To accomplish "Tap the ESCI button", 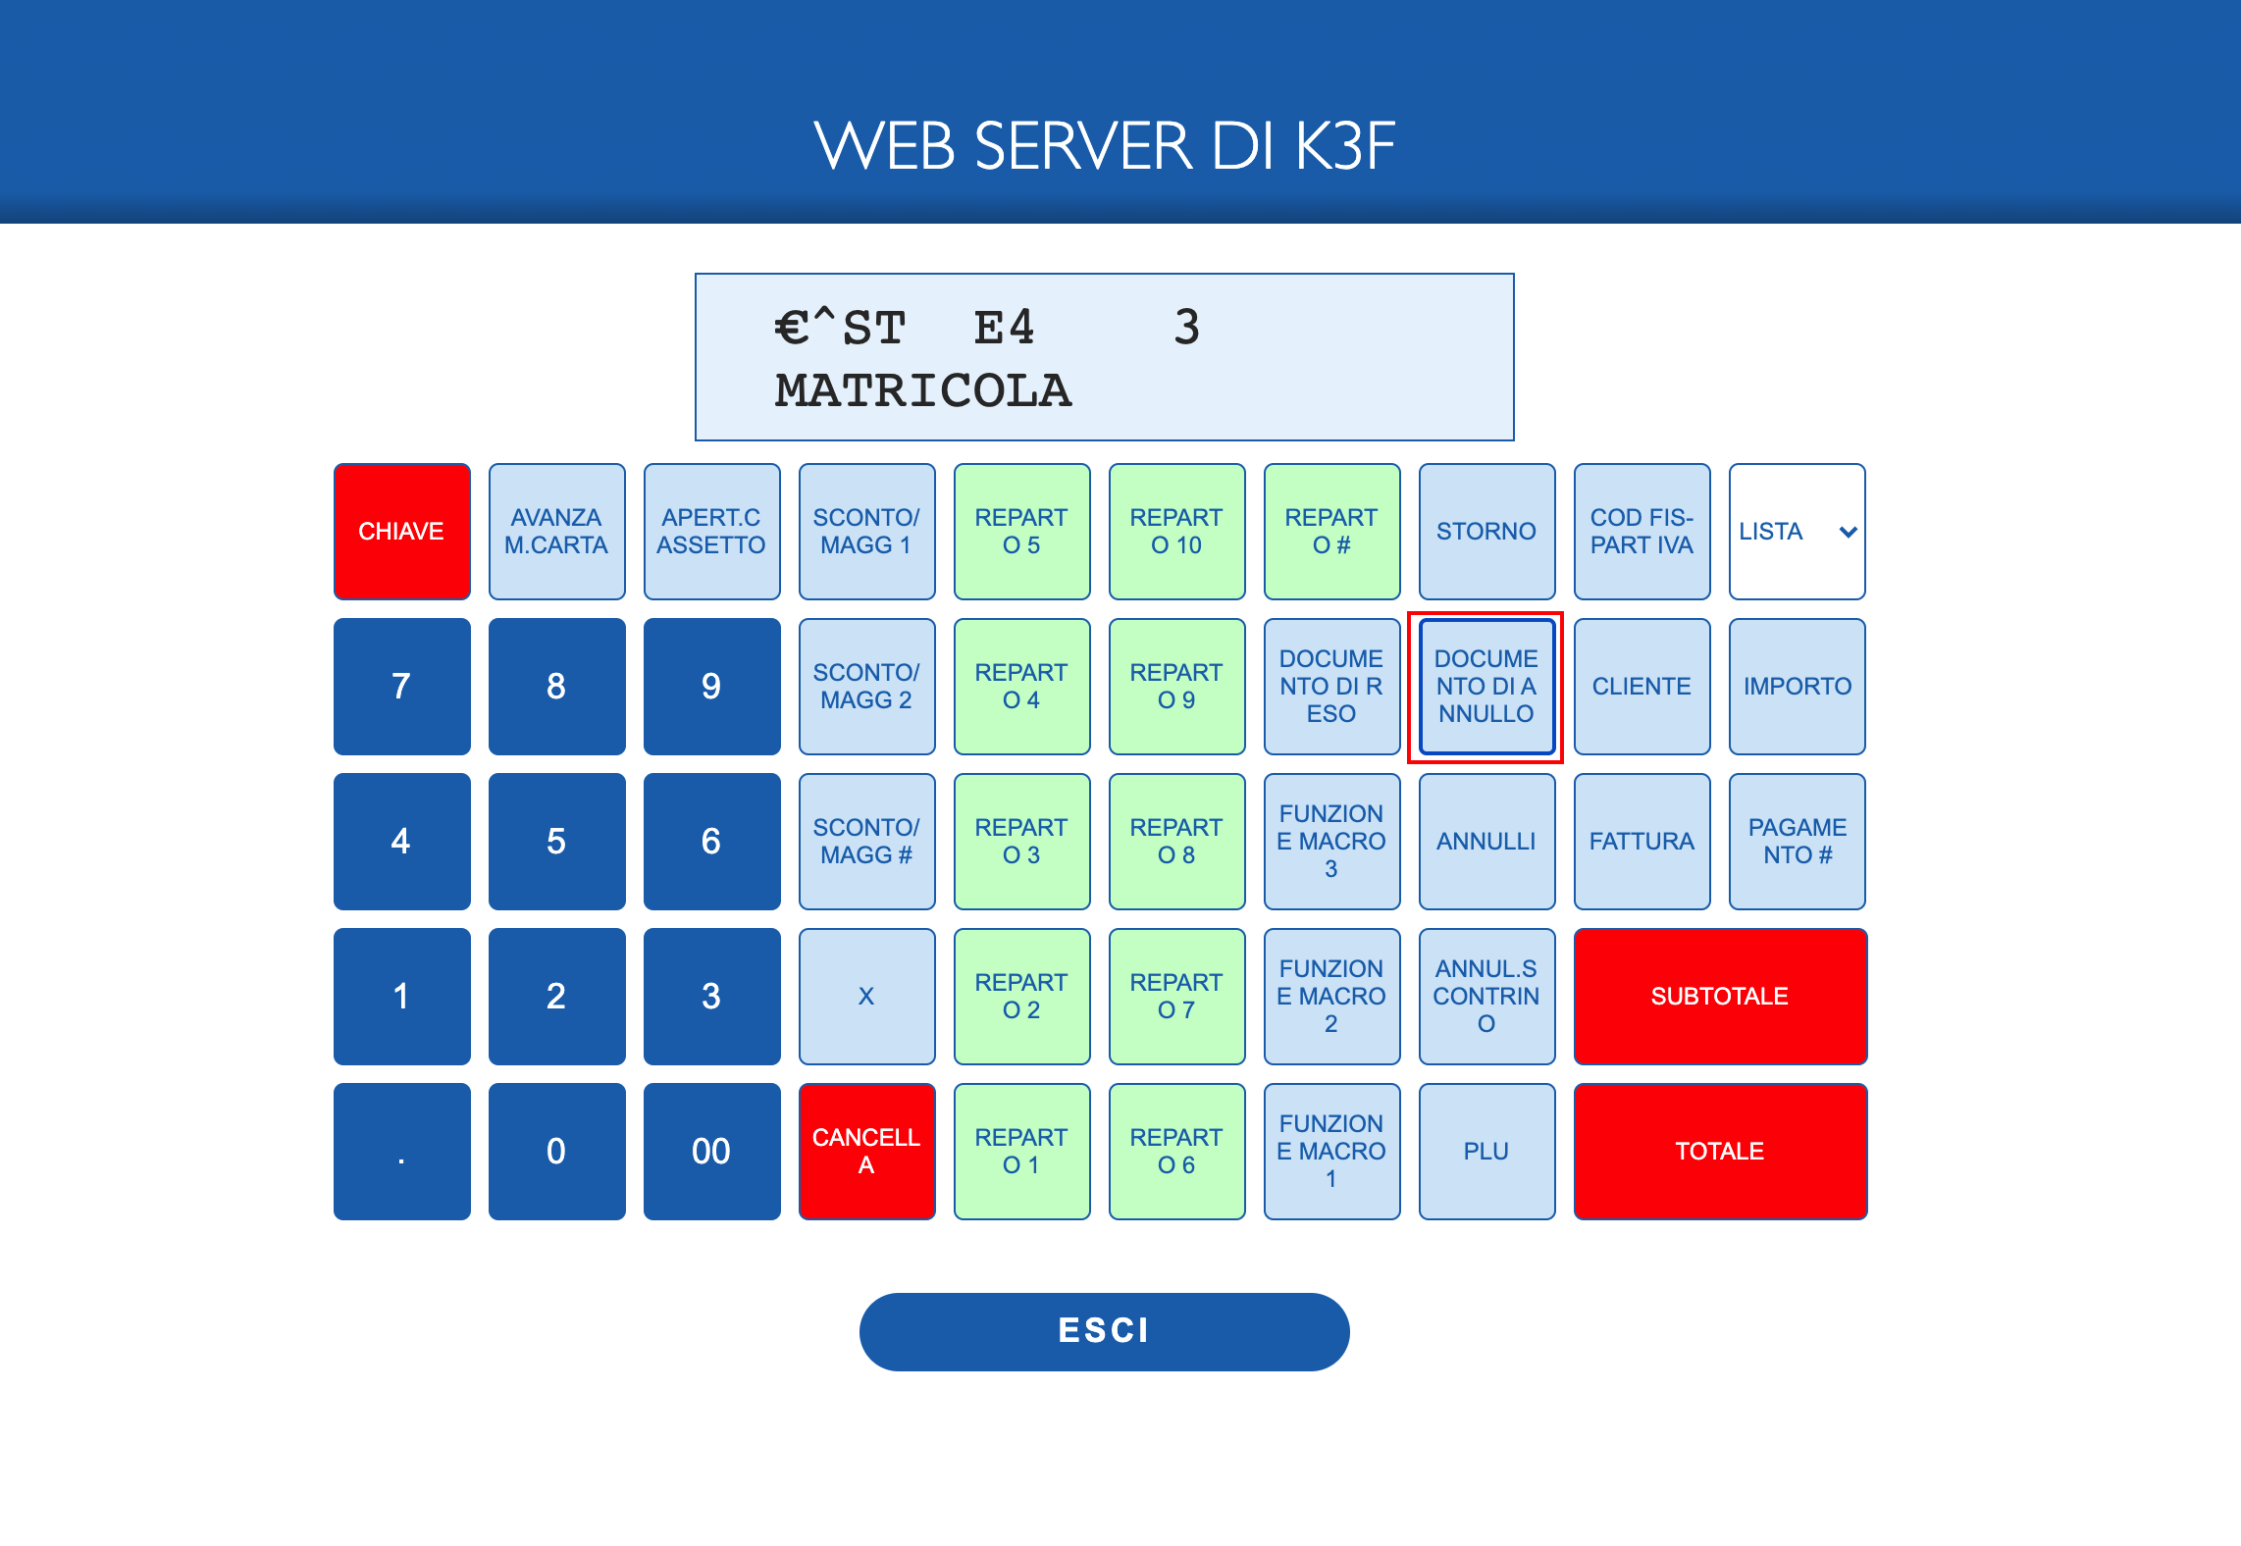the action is [1104, 1331].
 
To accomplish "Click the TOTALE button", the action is [1720, 1152].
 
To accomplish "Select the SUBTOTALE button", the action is [1720, 997].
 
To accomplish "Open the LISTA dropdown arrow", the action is [1849, 532].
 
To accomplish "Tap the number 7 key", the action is [401, 687].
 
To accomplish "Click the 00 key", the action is [711, 1152].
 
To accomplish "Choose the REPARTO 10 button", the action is [1176, 532].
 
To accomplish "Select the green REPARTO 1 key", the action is [1021, 1152].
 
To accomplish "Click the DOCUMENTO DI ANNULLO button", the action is [1486, 687].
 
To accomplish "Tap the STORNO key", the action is [1486, 532].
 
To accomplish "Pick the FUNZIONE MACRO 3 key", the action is [1331, 842].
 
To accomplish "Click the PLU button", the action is [1486, 1152].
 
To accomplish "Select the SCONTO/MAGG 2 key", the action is [866, 687].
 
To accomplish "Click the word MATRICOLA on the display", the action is [923, 390].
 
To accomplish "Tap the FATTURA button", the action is [1642, 842].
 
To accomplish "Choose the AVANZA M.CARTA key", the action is [556, 532].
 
